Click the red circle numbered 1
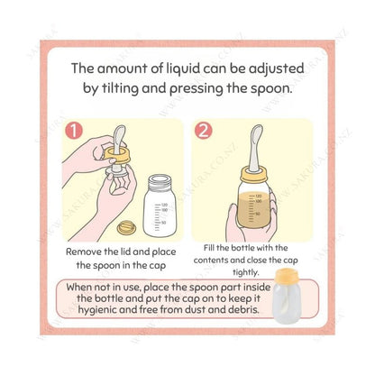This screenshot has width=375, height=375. point(74,131)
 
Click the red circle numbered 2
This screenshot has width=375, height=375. point(203,131)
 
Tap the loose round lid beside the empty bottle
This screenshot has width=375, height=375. point(126,227)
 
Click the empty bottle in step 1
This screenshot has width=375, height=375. point(160,206)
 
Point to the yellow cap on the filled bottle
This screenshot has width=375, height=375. point(254,175)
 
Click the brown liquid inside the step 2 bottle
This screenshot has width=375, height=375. point(253,209)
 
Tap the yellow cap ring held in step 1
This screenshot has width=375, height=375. point(118,153)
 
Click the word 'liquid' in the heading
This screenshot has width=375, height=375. point(183,69)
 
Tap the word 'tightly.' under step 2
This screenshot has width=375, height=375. point(245,272)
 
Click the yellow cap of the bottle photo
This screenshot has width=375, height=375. point(287,276)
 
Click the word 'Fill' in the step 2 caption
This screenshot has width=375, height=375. point(209,248)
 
